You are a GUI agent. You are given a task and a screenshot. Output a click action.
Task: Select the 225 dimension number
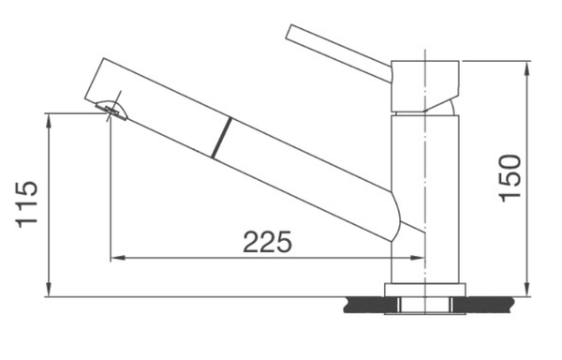pos(267,242)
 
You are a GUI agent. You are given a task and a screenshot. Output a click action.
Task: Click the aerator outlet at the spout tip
pos(111,111)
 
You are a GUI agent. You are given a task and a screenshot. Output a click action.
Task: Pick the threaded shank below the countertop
pos(426,305)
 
